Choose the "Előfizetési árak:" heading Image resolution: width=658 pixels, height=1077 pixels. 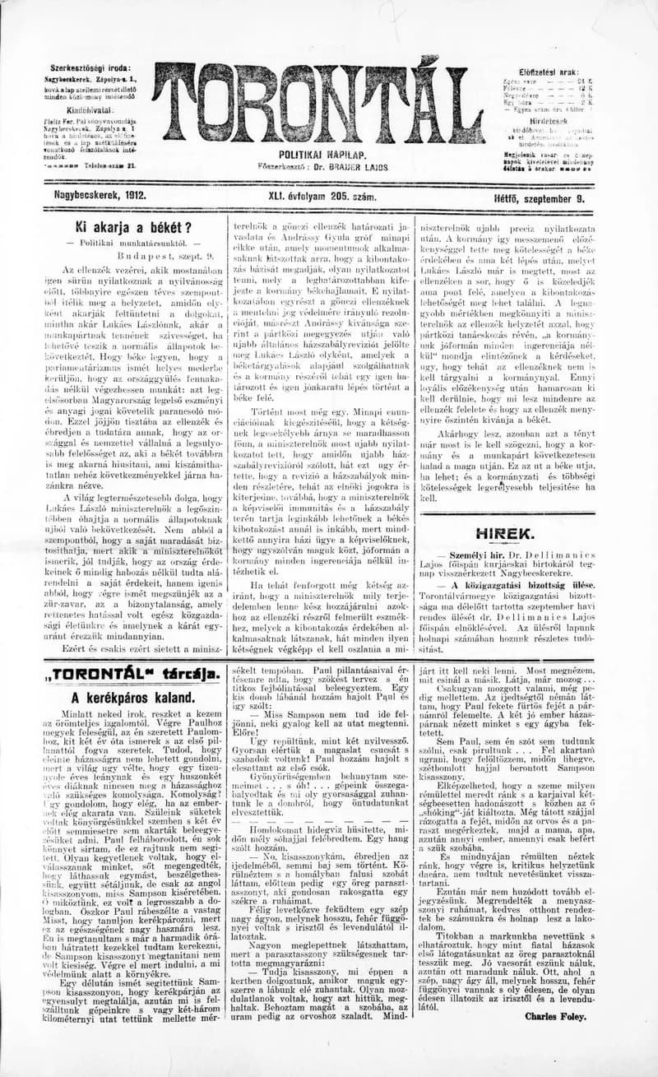coord(550,72)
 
